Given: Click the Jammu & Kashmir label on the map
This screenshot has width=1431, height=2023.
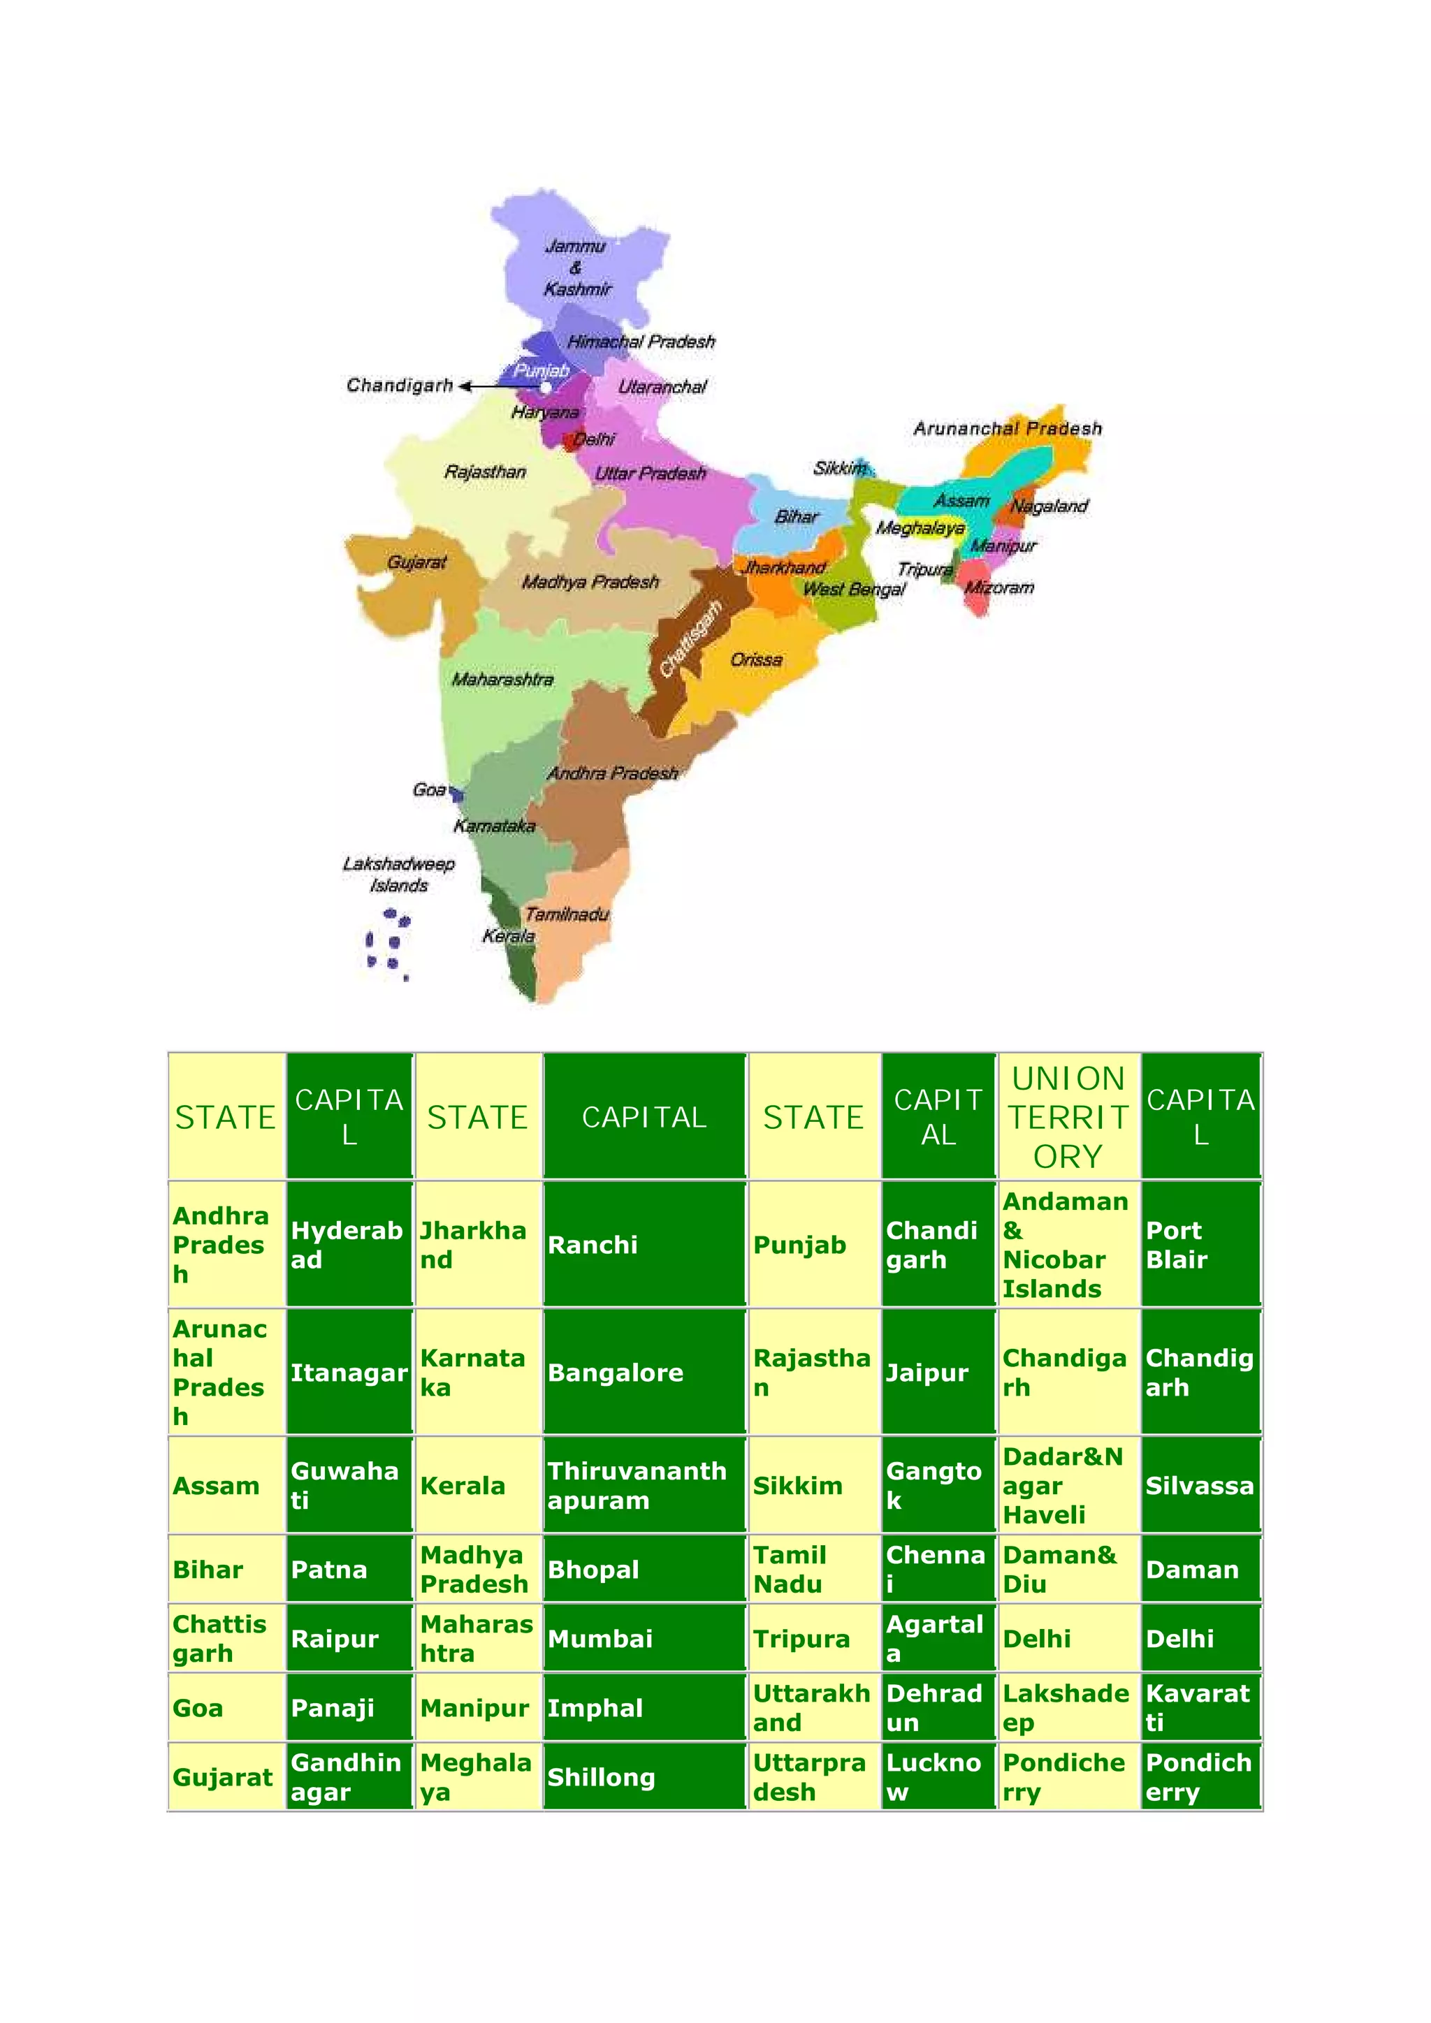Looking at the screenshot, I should click(x=576, y=267).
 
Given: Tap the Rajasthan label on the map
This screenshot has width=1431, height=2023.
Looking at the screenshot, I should click(x=485, y=472).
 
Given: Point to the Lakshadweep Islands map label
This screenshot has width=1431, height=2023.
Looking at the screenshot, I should click(x=398, y=874).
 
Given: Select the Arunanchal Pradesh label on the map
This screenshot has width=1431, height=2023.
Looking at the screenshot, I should click(x=1007, y=428).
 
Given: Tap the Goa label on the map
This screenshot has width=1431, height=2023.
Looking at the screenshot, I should click(x=429, y=789).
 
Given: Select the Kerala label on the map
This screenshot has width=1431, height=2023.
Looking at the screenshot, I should click(x=509, y=936).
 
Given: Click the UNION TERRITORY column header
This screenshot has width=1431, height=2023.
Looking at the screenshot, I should click(x=1068, y=1116).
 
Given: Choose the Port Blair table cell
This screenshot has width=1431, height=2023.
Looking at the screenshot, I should click(x=1200, y=1244).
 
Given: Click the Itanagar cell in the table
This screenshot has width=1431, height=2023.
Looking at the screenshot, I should click(x=349, y=1372).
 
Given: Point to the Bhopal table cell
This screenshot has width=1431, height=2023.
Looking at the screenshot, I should click(x=644, y=1569).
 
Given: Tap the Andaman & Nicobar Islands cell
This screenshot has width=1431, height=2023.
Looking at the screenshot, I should click(x=1068, y=1244).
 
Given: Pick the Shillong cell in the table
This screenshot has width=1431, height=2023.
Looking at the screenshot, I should click(x=644, y=1777).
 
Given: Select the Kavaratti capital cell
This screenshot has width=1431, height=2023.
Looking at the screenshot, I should click(x=1200, y=1707).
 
